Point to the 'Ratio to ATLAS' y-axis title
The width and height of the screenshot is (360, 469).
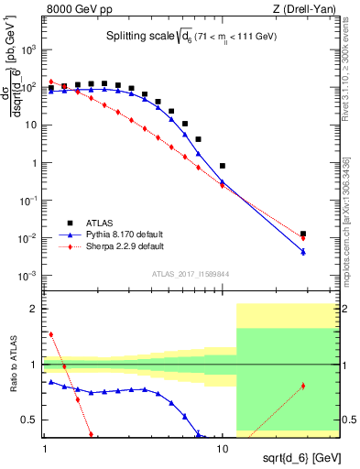(13, 365)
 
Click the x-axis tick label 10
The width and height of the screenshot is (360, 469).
(223, 450)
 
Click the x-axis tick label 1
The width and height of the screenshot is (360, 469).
(45, 450)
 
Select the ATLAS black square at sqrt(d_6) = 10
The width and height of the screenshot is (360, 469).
(223, 166)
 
